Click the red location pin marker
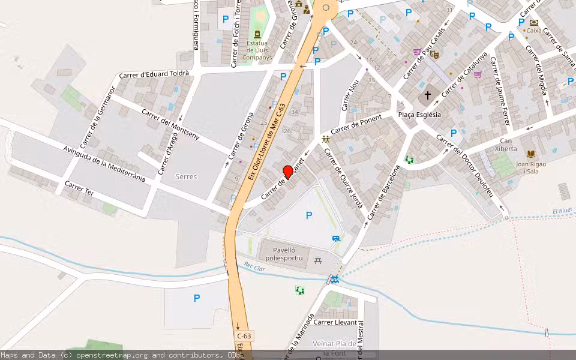pos(288,172)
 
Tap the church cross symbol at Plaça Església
pos(428,95)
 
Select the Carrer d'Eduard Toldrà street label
pos(154,74)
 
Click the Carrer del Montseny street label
pos(178,124)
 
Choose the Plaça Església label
pos(419,115)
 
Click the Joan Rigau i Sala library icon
pos(530,154)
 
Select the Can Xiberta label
pos(506,145)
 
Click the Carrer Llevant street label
pos(335,322)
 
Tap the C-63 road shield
pos(244,336)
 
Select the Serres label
pos(186,177)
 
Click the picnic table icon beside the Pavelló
pos(318,261)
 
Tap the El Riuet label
pos(563,211)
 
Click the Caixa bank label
pos(533,30)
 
